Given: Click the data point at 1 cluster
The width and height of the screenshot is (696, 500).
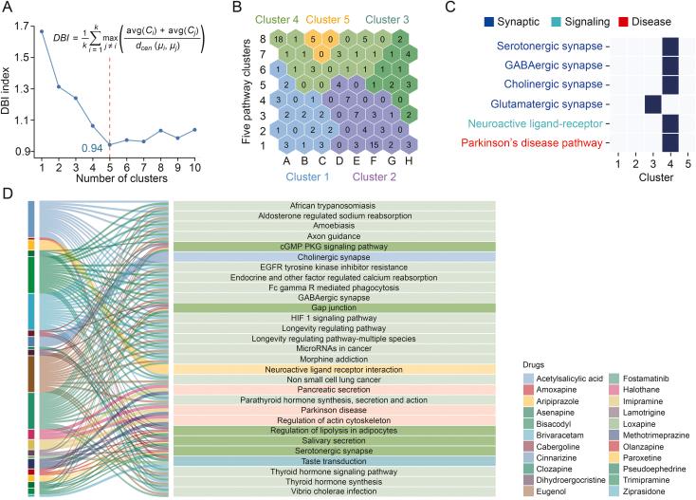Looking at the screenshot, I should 42,31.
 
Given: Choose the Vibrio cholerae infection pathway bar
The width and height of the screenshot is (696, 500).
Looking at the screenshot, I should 335,492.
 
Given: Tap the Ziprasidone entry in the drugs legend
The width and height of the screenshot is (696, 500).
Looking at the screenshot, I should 650,491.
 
